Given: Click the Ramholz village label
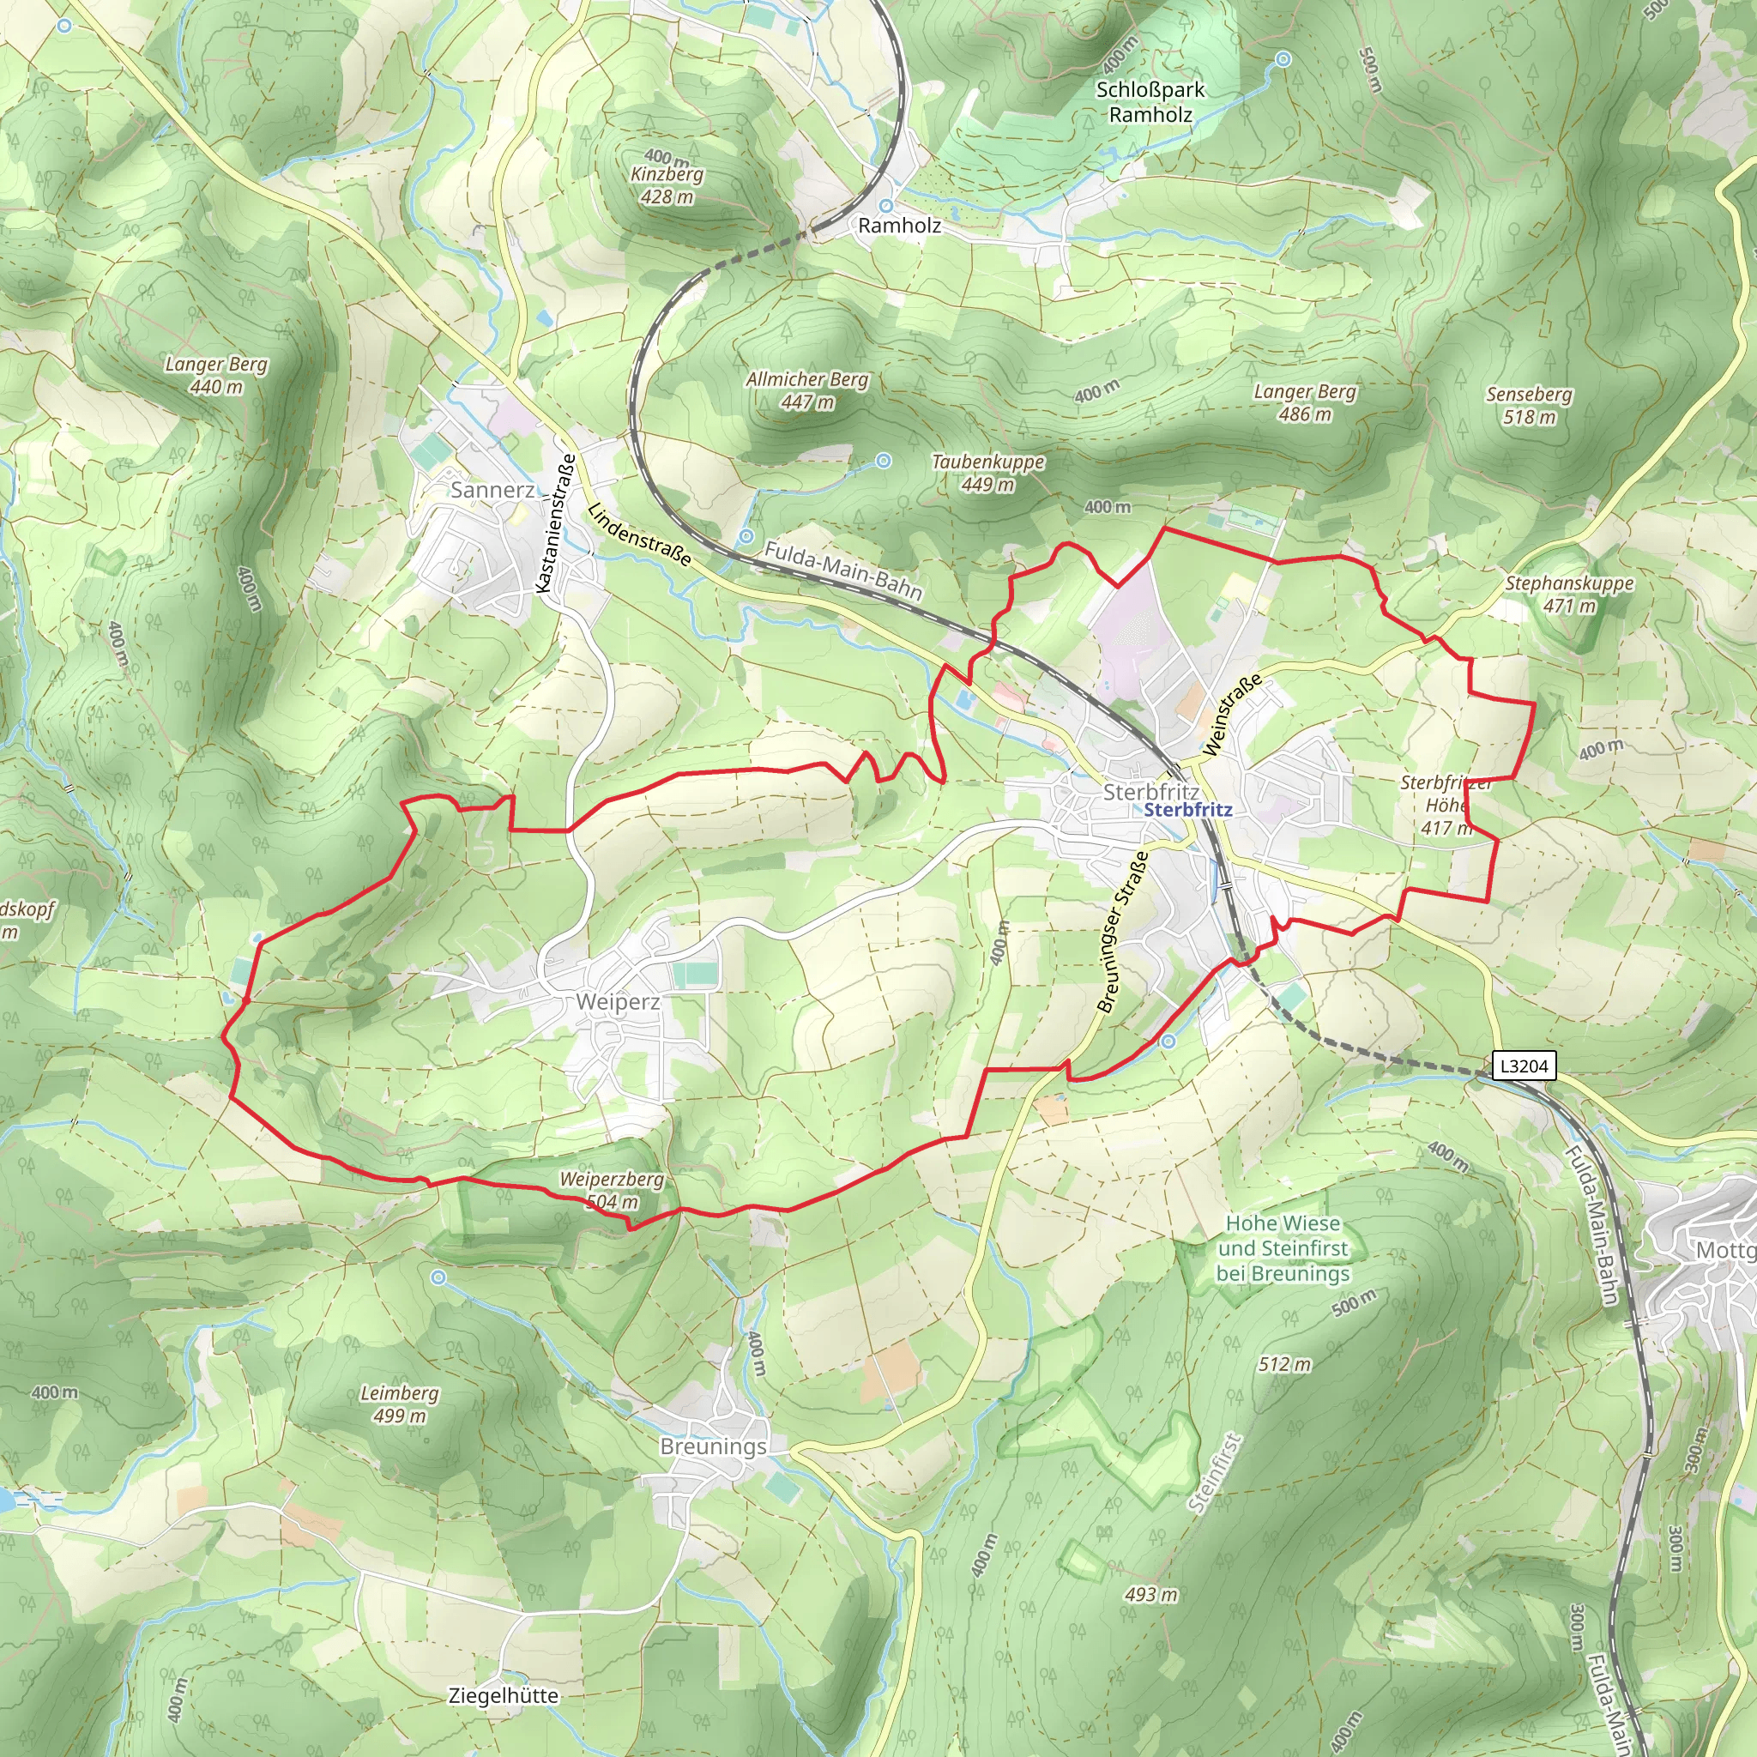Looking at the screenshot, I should pyautogui.click(x=898, y=226).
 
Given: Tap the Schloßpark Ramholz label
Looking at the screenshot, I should pyautogui.click(x=1150, y=102).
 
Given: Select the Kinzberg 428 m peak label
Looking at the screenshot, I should pyautogui.click(x=667, y=184).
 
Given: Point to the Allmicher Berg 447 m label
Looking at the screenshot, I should pyautogui.click(x=806, y=390).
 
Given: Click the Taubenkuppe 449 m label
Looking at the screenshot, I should pyautogui.click(x=987, y=473).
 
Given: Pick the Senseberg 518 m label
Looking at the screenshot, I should pyautogui.click(x=1529, y=406).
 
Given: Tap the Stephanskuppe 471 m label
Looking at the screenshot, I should pyautogui.click(x=1569, y=594).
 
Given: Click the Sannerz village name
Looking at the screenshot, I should pyautogui.click(x=492, y=490).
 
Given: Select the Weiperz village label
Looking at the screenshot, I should pyautogui.click(x=618, y=1001).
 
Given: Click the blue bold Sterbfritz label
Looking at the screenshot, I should pyautogui.click(x=1187, y=809).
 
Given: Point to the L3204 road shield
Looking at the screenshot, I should pyautogui.click(x=1524, y=1066).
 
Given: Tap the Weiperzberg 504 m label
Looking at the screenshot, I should pyautogui.click(x=611, y=1191).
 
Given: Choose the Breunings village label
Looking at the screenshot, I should pyautogui.click(x=713, y=1446).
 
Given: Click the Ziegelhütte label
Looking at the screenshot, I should pyautogui.click(x=503, y=1695).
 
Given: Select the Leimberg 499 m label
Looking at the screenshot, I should pyautogui.click(x=399, y=1404).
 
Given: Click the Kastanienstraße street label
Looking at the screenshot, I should pyautogui.click(x=557, y=524).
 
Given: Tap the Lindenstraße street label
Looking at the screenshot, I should pyautogui.click(x=638, y=534).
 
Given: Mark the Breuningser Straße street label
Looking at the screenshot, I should pyautogui.click(x=1122, y=931).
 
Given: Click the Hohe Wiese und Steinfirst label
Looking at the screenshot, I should pyautogui.click(x=1283, y=1247).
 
